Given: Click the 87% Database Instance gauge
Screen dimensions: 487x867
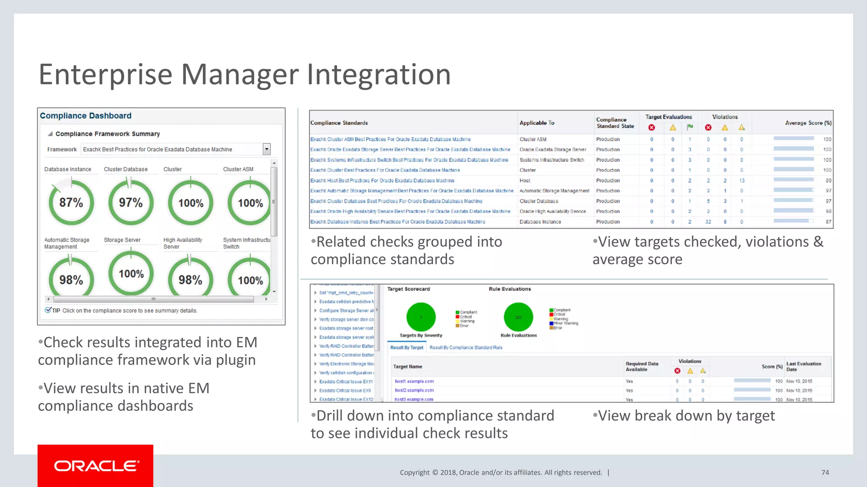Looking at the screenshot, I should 71,202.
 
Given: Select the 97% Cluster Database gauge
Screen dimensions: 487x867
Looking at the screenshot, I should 130,202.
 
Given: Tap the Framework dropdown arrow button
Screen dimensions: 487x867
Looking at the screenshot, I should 267,149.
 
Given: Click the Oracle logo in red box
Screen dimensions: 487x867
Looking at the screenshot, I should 96,466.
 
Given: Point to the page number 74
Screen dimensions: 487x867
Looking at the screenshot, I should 825,473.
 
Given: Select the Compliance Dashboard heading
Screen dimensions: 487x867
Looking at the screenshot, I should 86,116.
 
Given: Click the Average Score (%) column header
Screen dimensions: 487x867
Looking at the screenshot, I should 808,123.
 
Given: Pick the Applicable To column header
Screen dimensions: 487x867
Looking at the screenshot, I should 536,123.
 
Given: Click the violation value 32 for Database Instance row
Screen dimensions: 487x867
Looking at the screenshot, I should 708,222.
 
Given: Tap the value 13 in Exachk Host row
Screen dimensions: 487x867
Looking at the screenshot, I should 742,181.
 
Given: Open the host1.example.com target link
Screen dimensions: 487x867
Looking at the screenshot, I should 414,381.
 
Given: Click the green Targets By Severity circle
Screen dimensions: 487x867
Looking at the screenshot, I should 421,317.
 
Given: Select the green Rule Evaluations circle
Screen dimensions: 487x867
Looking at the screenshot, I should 518,317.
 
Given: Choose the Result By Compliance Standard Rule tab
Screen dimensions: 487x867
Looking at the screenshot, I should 466,347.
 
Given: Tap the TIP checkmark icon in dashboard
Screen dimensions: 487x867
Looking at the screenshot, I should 48,310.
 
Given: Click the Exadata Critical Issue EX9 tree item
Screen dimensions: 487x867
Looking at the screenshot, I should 345,391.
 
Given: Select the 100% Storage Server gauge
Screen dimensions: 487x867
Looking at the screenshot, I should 131,274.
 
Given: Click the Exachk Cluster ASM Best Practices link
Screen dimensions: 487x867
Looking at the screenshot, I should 390,140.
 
